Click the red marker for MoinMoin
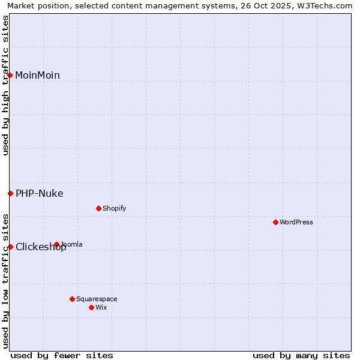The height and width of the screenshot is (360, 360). coord(10,75)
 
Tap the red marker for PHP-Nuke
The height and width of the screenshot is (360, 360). coord(10,193)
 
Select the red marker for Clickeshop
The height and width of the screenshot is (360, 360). coord(10,247)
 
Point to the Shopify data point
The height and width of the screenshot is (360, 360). coord(98,208)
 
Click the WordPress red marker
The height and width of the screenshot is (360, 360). coord(275,222)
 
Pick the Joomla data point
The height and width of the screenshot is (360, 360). coord(56,244)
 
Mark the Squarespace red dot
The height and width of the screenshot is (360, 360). coord(72,299)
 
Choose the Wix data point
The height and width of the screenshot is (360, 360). coord(91,307)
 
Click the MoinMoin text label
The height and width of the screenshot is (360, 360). coord(37,75)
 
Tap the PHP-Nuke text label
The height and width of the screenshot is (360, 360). coord(39,193)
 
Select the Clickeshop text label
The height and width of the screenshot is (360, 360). coord(41,247)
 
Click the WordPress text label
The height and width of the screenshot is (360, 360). coord(296,222)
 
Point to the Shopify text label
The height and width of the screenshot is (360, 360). coord(114,208)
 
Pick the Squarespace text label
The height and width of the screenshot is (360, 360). coord(97,299)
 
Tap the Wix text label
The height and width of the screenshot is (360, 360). coord(101,307)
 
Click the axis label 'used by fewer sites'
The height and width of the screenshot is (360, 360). coord(62,355)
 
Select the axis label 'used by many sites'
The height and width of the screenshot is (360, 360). coord(301,355)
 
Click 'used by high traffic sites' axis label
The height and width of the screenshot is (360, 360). coord(5,85)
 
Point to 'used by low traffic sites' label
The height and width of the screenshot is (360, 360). coord(5,280)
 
